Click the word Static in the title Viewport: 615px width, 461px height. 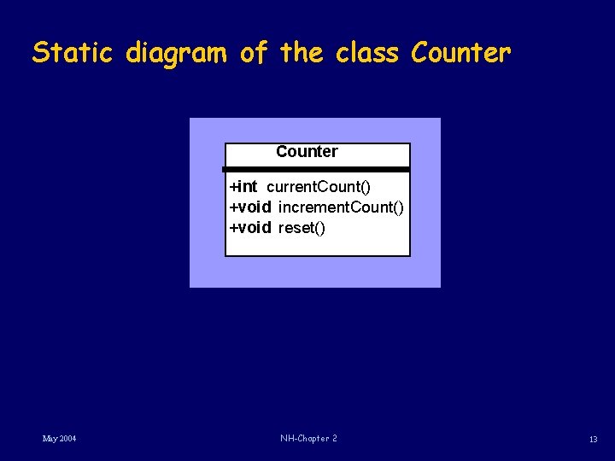point(73,53)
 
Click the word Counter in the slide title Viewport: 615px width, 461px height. point(460,53)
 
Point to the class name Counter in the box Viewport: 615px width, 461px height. point(307,152)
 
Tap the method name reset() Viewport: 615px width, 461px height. point(302,228)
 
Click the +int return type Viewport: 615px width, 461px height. point(243,187)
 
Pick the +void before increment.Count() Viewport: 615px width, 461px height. point(250,207)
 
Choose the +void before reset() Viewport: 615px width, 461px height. point(250,228)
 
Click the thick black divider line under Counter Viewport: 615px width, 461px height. point(316,170)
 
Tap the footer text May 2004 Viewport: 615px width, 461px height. point(60,439)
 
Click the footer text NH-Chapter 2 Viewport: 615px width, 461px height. point(308,439)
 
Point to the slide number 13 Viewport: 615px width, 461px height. point(593,439)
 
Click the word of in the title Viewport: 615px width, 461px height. point(254,53)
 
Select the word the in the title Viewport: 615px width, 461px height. point(302,53)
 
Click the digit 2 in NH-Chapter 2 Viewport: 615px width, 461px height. point(334,439)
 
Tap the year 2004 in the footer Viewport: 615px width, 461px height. point(67,439)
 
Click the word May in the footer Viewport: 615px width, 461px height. point(50,439)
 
